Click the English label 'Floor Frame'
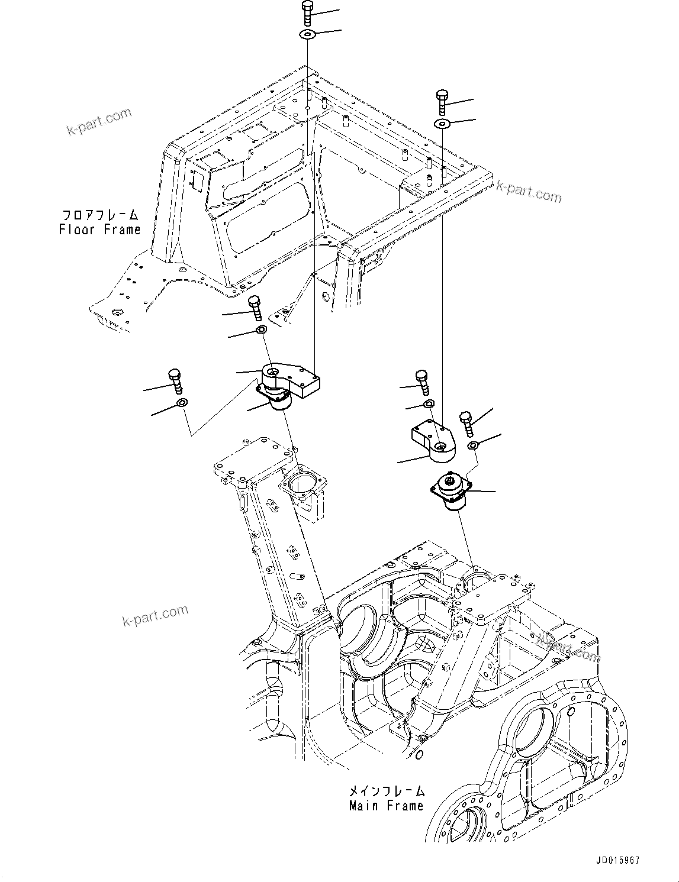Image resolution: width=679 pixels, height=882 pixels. pos(99,230)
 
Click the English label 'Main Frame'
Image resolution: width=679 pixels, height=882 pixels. pos(386,806)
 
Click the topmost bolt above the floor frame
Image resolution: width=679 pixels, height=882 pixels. pos(308,14)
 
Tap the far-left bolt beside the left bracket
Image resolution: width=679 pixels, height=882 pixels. pos(175,382)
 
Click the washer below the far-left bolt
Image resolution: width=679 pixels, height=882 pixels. pos(182,403)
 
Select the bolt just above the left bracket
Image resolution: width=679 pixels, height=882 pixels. pos(255,307)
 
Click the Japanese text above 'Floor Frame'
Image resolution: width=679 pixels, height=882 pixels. pos(99,215)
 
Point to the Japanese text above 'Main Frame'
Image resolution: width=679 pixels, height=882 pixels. pos(386,791)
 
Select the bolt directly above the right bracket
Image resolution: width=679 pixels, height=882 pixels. pos(422,382)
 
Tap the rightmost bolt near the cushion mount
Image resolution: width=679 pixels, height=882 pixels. pos(465,424)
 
